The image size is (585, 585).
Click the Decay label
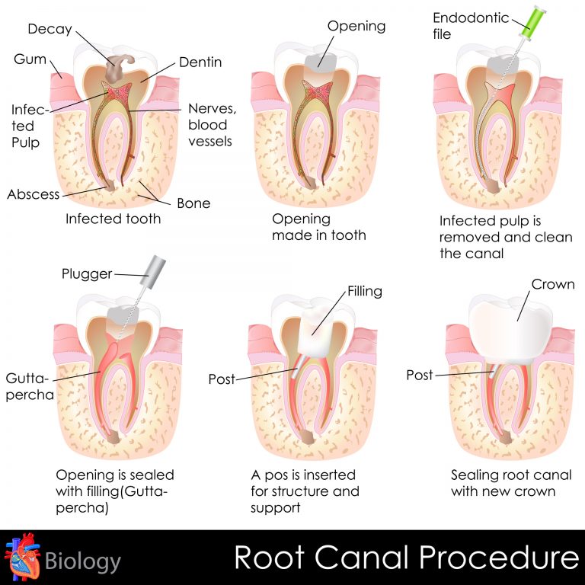pos(50,29)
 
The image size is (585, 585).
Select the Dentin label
pos(200,62)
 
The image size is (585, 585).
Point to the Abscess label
pos(34,193)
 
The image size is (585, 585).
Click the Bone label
pos(193,203)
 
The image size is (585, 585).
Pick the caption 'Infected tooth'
pos(113,219)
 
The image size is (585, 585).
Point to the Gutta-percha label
pos(27,387)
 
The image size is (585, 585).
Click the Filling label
pos(365,291)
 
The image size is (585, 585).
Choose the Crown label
pos(554,285)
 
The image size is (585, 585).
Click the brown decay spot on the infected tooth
pos(117,65)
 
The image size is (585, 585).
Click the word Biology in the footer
pos(82,562)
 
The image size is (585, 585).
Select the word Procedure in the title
pos(500,558)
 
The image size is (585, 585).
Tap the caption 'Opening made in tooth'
pos(318,227)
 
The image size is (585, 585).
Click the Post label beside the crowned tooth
pos(420,375)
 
